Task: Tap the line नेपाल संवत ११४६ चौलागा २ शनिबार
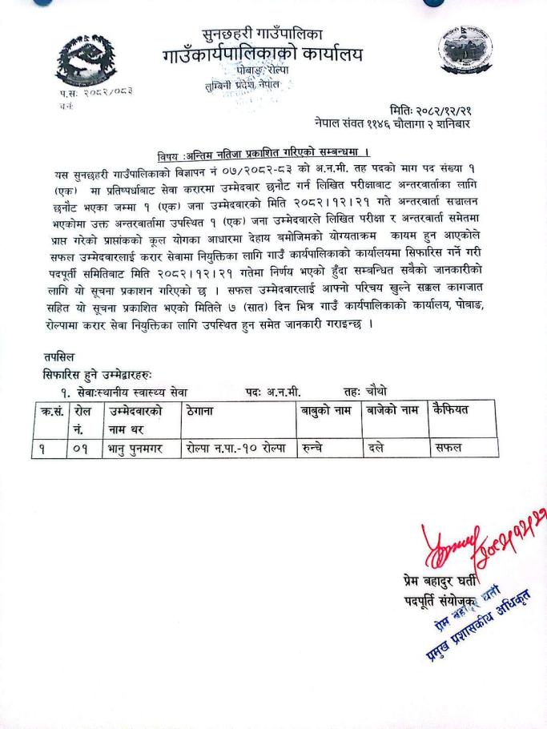[x=403, y=125]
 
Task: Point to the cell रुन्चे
[x=313, y=448]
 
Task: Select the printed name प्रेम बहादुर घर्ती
[x=445, y=580]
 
